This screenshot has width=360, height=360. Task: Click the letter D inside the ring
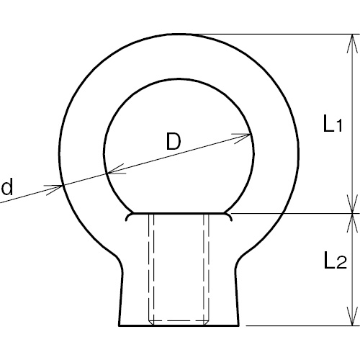(174, 142)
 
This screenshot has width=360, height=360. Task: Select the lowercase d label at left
(7, 189)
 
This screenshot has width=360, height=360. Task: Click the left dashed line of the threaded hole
(150, 266)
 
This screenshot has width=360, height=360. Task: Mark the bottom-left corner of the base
(119, 325)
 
